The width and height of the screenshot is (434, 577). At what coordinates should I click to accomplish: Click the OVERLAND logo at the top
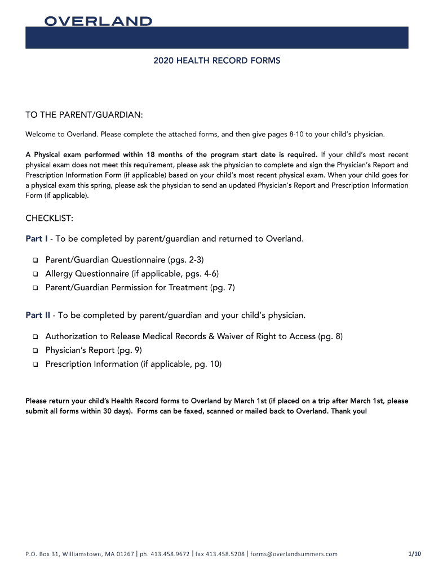point(98,21)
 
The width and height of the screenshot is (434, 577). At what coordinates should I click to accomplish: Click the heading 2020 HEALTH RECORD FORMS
point(217,60)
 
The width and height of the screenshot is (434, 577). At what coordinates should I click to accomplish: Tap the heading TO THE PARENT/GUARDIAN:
point(85,115)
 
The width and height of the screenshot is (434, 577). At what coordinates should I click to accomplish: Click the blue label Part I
point(37,239)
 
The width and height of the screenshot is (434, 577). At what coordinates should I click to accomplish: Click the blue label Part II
point(38,315)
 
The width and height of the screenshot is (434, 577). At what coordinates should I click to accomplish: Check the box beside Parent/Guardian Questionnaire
point(35,260)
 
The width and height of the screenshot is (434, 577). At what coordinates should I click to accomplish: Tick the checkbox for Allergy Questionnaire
point(35,274)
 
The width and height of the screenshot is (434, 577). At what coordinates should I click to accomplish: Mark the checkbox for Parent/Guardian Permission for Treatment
point(35,288)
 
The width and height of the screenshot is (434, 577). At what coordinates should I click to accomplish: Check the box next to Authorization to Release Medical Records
point(35,337)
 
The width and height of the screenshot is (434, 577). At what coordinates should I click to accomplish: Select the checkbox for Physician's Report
point(35,350)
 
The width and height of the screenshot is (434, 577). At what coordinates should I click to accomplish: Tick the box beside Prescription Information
point(35,365)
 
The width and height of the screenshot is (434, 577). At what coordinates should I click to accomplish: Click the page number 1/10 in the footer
point(414,553)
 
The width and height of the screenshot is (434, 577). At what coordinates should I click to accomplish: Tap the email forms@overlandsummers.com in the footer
point(294,554)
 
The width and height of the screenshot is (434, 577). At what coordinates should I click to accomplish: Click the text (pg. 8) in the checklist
point(330,336)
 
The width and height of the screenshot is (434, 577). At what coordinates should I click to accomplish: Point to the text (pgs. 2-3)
point(186,260)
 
